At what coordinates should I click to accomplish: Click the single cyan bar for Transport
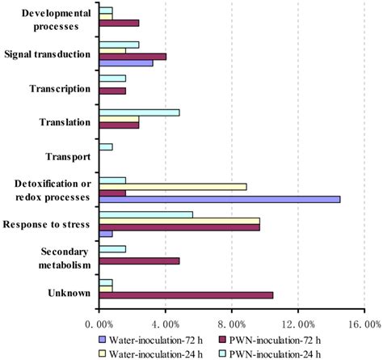coord(105,146)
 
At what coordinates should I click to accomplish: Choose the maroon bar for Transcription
coord(112,91)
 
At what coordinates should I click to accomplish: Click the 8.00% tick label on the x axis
coord(231,324)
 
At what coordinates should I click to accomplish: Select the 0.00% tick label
coord(99,324)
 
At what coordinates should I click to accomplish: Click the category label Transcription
coord(59,88)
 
